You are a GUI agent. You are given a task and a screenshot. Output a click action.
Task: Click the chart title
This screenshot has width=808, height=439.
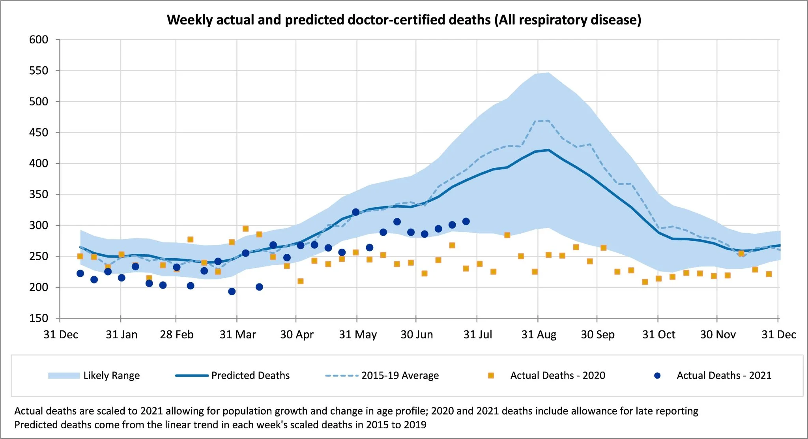pyautogui.click(x=404, y=20)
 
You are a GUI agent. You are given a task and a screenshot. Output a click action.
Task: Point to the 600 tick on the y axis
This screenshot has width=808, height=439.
pyautogui.click(x=39, y=39)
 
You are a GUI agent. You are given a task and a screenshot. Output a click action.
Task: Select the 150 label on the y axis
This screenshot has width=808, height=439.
pyautogui.click(x=39, y=318)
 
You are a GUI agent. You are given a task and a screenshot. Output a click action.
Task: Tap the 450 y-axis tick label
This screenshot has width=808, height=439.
pyautogui.click(x=39, y=133)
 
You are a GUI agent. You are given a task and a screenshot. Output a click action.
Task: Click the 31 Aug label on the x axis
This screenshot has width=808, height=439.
pyautogui.click(x=539, y=335)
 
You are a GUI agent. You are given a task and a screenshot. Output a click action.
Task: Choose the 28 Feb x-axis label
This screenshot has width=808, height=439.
pyautogui.click(x=176, y=335)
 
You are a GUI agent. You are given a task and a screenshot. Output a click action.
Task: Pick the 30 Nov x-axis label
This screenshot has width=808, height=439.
pyautogui.click(x=718, y=335)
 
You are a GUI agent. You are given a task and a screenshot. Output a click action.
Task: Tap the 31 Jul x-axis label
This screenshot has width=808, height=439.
pyautogui.click(x=477, y=335)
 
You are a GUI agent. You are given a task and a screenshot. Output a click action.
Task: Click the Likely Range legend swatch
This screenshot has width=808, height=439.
pyautogui.click(x=64, y=375)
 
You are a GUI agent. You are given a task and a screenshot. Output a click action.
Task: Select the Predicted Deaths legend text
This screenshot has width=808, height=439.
pyautogui.click(x=250, y=375)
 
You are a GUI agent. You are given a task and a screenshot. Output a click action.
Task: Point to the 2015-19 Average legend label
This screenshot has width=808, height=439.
pyautogui.click(x=400, y=375)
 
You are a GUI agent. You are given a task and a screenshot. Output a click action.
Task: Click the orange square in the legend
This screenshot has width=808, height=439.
pyautogui.click(x=491, y=375)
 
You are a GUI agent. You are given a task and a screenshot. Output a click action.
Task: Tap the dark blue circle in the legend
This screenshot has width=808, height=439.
pyautogui.click(x=657, y=375)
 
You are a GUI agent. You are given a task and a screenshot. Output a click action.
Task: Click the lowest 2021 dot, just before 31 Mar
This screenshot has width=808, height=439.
pyautogui.click(x=232, y=291)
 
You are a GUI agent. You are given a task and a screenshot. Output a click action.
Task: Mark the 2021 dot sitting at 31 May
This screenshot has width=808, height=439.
pyautogui.click(x=356, y=212)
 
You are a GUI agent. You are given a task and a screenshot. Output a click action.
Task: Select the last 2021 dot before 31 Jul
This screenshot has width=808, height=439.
pyautogui.click(x=466, y=221)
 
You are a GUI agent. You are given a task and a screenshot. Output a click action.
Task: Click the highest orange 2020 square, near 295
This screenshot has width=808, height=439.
pyautogui.click(x=245, y=229)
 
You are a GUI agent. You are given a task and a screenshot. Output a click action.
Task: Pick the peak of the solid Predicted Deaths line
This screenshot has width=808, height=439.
pyautogui.click(x=548, y=150)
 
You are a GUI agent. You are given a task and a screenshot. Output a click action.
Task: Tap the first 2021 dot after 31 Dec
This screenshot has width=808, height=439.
pyautogui.click(x=80, y=274)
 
